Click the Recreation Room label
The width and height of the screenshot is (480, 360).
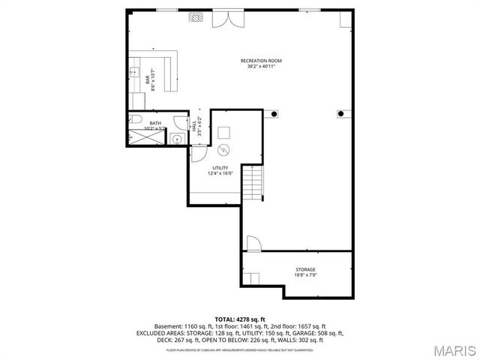261,63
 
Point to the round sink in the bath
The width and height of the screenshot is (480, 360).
175,137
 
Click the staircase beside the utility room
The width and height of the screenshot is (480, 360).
255,182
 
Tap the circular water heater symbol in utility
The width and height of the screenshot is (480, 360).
223,148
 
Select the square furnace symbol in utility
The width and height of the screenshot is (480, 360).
223,131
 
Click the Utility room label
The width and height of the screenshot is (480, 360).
220,170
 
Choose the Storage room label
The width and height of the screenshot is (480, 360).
304,271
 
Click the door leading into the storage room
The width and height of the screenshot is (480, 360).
253,244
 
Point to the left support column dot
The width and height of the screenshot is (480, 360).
275,115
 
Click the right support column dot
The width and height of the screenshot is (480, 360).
340,114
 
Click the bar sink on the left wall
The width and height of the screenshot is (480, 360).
134,73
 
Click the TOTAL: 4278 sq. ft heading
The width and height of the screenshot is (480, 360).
240,319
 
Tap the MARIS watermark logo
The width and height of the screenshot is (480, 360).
451,350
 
